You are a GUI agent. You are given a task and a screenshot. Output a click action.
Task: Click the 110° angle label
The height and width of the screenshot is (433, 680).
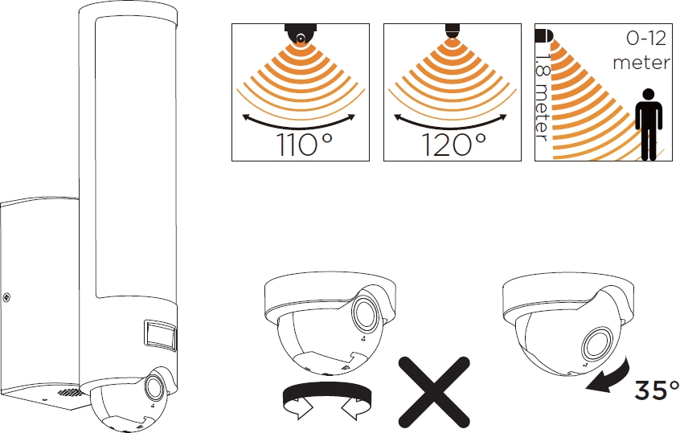tap(305, 145)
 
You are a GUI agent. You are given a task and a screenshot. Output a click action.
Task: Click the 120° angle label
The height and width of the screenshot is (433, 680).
tap(453, 145)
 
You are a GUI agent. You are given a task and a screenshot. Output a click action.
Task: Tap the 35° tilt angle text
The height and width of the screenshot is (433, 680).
tap(657, 390)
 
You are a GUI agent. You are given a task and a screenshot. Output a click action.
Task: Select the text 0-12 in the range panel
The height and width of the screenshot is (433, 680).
tap(646, 39)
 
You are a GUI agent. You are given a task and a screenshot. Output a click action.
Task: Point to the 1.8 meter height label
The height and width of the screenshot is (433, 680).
tap(542, 96)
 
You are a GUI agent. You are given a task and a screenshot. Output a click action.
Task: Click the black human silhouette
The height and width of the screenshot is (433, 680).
tap(649, 125)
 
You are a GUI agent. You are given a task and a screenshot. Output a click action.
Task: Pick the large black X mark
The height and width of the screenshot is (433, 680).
tap(434, 392)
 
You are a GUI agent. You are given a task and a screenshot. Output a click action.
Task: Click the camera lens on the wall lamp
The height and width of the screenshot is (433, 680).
tap(154, 386)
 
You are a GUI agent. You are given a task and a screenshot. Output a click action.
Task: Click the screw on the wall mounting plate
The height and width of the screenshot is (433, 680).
tap(6, 297)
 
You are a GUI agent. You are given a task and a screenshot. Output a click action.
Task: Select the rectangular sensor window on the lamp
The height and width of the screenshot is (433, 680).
tap(160, 335)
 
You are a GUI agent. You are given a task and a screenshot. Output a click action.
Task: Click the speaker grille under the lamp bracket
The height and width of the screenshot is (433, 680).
tap(69, 392)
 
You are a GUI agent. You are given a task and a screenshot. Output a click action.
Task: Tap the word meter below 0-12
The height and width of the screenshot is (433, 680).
tap(641, 63)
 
